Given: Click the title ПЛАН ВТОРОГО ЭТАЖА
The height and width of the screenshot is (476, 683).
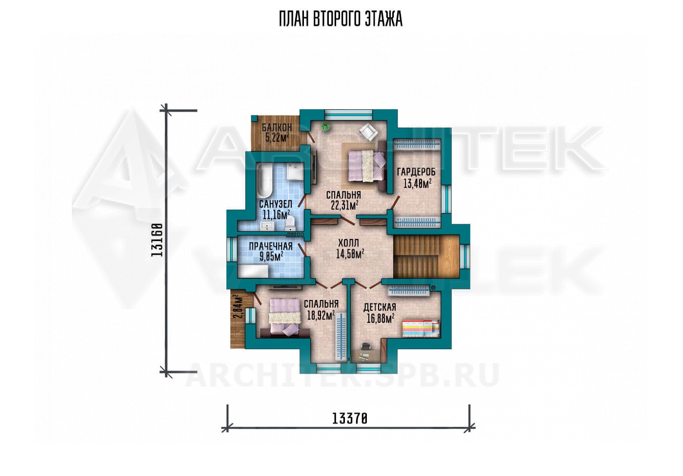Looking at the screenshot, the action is (341, 19).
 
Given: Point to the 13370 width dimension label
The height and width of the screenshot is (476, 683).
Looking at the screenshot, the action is (349, 418).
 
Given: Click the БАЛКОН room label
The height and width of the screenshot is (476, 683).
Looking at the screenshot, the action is (277, 127).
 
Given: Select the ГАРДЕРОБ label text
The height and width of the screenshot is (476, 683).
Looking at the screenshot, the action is (416, 172).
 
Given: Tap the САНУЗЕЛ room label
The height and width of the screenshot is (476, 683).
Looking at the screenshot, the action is (276, 204).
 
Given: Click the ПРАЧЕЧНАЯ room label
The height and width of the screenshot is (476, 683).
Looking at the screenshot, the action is (271, 246).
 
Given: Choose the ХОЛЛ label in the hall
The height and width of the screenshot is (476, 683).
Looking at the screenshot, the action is (348, 243).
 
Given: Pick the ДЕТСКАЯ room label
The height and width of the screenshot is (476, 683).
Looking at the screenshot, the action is (380, 307).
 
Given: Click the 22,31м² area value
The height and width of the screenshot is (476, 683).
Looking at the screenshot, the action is (344, 206).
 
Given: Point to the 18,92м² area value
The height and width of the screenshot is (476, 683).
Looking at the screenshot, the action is (321, 316).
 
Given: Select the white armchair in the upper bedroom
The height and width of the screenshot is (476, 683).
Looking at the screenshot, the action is (369, 132).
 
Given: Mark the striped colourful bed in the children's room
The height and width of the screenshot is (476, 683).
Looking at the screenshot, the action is (421, 328).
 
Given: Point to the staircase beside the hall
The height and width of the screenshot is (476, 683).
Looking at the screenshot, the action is (426, 257).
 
